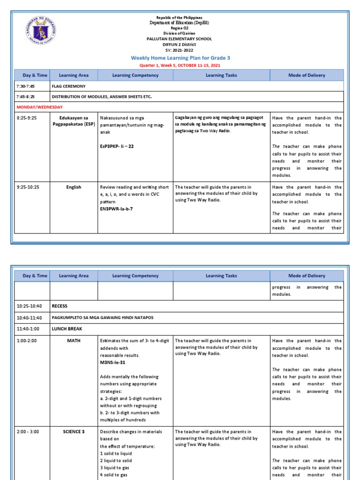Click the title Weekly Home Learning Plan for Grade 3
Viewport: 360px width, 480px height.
pyautogui.click(x=180, y=58)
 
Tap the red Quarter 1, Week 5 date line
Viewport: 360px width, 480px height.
pyautogui.click(x=180, y=66)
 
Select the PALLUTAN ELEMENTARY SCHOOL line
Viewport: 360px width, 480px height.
pyautogui.click(x=179, y=39)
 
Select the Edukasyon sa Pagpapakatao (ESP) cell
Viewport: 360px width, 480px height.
pyautogui.click(x=74, y=121)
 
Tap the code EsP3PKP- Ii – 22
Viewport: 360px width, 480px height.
pyautogui.click(x=117, y=147)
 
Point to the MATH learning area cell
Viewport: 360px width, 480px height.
pyautogui.click(x=74, y=341)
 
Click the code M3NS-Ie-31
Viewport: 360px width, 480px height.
pyautogui.click(x=112, y=362)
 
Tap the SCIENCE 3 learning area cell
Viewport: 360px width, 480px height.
pyautogui.click(x=74, y=432)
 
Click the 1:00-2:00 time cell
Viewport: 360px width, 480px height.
pyautogui.click(x=27, y=341)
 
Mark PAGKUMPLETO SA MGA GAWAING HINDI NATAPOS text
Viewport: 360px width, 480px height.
pyautogui.click(x=102, y=317)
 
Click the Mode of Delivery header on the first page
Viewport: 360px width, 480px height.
pyautogui.click(x=307, y=75)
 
